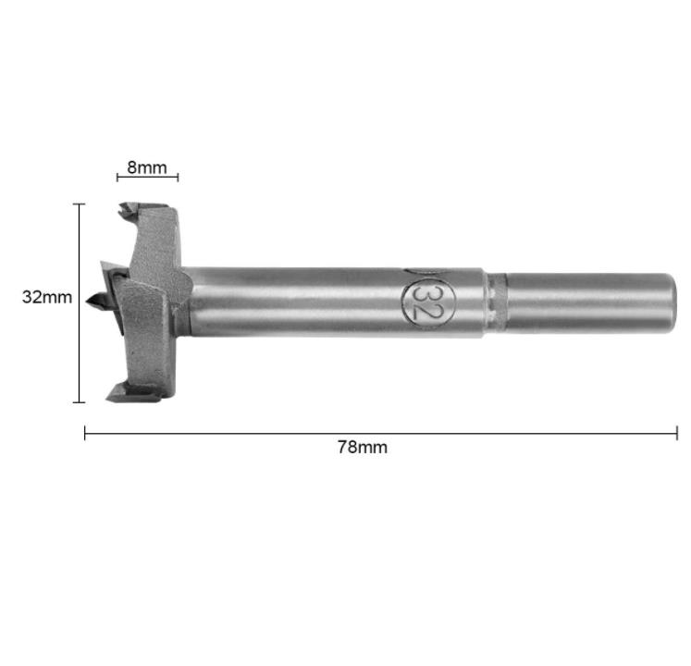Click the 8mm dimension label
pos(147,167)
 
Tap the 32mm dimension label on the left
pos(47,298)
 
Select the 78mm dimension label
pos(363,448)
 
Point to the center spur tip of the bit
pos(88,302)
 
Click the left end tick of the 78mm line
pos(84,433)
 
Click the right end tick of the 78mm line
pos(677,433)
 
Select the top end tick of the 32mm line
pos(79,204)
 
